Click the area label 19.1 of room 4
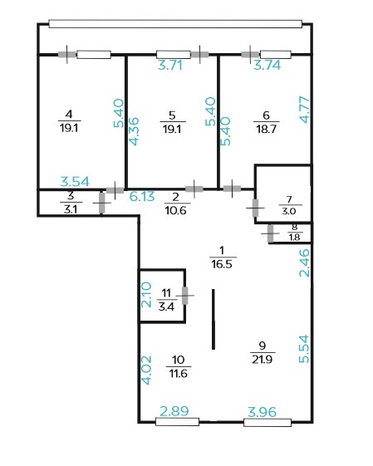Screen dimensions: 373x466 tap(69, 129)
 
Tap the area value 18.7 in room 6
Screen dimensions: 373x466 tap(266, 130)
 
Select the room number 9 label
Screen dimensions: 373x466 tap(263, 346)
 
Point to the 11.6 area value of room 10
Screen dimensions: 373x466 tap(178, 373)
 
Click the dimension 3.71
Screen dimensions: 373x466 tap(169, 65)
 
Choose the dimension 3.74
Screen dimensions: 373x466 tap(267, 65)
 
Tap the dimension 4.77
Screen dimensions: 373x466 tap(304, 110)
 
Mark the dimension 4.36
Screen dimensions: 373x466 tap(134, 131)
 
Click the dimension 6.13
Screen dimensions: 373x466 tap(142, 196)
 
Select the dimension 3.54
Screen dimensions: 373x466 tap(75, 182)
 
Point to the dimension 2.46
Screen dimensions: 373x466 tap(304, 262)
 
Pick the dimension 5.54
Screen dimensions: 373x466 tap(304, 349)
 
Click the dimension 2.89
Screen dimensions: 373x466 tap(174, 411)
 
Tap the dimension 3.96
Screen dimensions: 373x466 tap(263, 412)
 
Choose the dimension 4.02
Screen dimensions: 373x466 tap(146, 370)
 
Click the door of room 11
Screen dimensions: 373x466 tap(185, 296)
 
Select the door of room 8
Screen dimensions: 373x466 tap(270, 233)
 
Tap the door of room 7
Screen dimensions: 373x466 tap(255, 208)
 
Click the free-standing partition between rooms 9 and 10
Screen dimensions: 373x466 tap(213, 319)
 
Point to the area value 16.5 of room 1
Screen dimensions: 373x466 tap(222, 264)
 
